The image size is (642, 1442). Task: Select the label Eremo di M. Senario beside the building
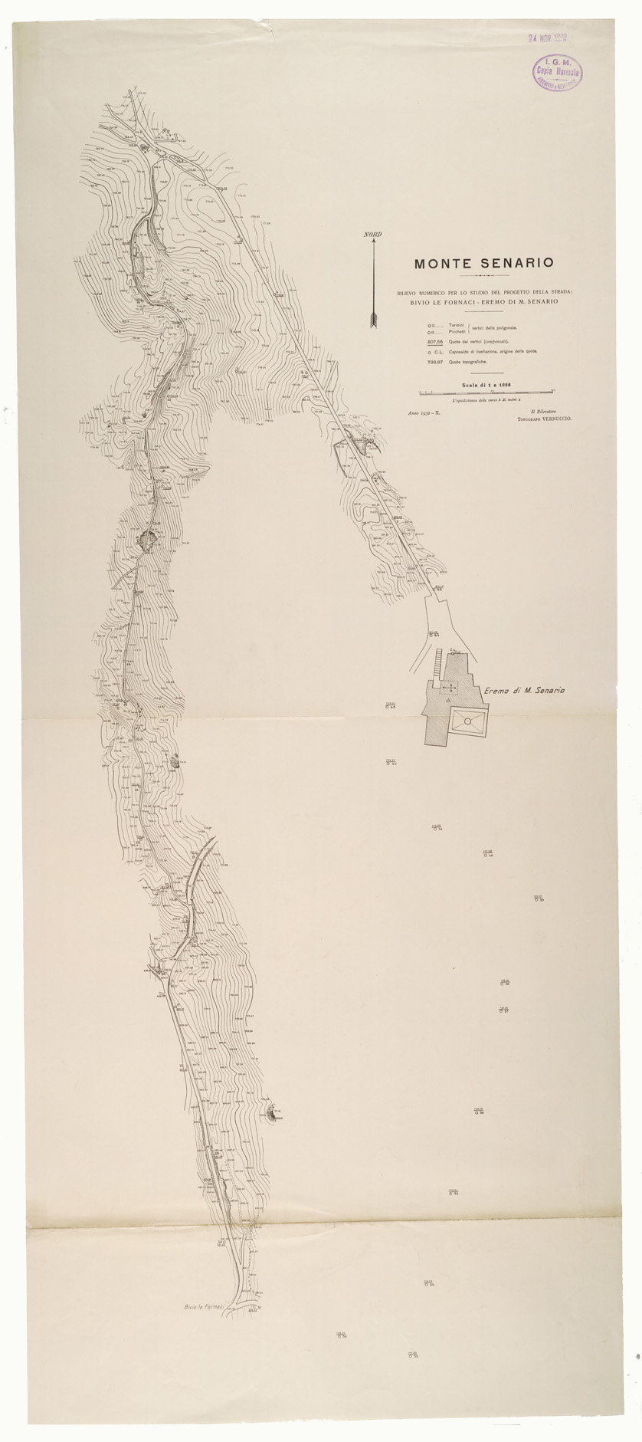pyautogui.click(x=525, y=691)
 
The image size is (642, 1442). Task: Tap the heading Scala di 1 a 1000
pyautogui.click(x=486, y=386)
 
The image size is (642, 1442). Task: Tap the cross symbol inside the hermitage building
pyautogui.click(x=450, y=688)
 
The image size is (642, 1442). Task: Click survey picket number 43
pyautogui.click(x=389, y=706)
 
